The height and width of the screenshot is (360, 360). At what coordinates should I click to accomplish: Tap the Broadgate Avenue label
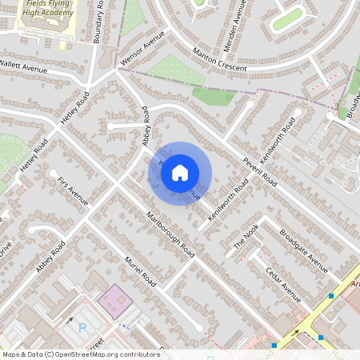click(304, 250)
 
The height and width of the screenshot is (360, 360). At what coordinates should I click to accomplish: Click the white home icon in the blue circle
click(181, 172)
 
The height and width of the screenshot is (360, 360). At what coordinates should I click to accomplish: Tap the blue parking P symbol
click(82, 327)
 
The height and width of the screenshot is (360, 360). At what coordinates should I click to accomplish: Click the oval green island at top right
click(287, 19)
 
